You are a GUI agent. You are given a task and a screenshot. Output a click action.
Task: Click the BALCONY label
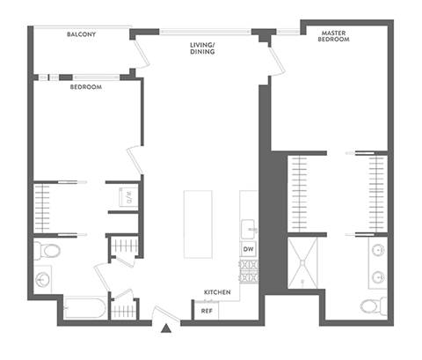pyautogui.click(x=82, y=34)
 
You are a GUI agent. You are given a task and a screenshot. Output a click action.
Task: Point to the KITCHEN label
pyautogui.click(x=216, y=291)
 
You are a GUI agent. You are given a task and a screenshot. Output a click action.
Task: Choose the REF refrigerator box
pyautogui.click(x=207, y=310)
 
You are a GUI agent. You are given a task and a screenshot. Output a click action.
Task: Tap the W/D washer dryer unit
pyautogui.click(x=126, y=196)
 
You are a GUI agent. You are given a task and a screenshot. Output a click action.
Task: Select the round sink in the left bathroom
pyautogui.click(x=43, y=281)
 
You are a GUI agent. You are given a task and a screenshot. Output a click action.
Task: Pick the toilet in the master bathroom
pyautogui.click(x=372, y=306)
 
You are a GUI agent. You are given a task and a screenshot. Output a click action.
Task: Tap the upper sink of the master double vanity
pyautogui.click(x=378, y=248)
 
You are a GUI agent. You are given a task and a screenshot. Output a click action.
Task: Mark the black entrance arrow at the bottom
pyautogui.click(x=167, y=330)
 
